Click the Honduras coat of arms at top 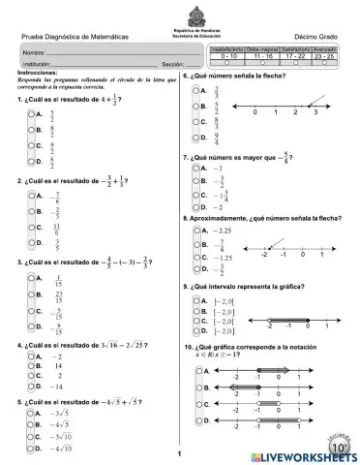tap(181, 9)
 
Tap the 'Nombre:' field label tap(34, 50)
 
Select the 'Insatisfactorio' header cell tap(226, 47)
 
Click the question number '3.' tap(20, 262)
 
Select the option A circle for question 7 tap(196, 167)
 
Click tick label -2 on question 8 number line tap(264, 254)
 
